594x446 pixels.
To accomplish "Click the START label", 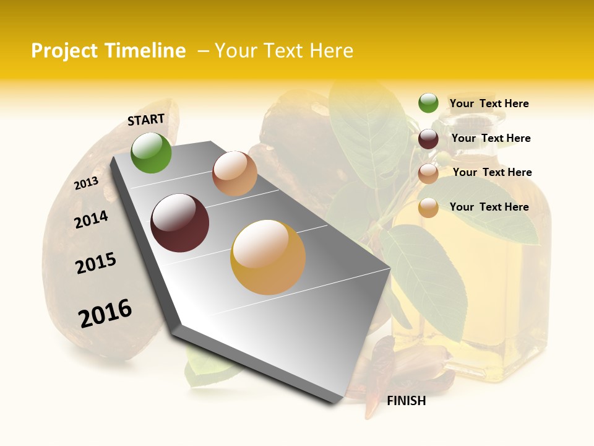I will pos(146,120).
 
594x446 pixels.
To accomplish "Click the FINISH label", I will pos(407,401).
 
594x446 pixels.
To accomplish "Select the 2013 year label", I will pos(86,183).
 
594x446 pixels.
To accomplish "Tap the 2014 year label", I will pos(91,220).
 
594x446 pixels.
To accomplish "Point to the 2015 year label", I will pos(96,263).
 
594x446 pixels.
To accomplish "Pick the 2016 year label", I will pos(105,313).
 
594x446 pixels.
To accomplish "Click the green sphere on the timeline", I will pos(152,153).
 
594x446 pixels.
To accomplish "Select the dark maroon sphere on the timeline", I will pos(180,223).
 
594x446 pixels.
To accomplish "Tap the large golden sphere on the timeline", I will pos(268,257).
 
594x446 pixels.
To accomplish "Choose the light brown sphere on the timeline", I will pos(235,173).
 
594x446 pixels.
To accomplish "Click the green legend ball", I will pos(428,103).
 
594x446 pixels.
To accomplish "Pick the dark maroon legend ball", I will pos(428,139).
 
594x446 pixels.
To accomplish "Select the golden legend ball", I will pos(428,208).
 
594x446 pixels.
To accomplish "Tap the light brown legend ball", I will pos(428,173).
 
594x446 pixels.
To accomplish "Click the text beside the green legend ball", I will pos(489,104).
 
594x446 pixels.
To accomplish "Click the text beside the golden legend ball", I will pos(489,207).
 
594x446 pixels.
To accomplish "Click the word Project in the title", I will pos(64,51).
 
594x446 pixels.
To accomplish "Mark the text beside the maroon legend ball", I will pos(491,138).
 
